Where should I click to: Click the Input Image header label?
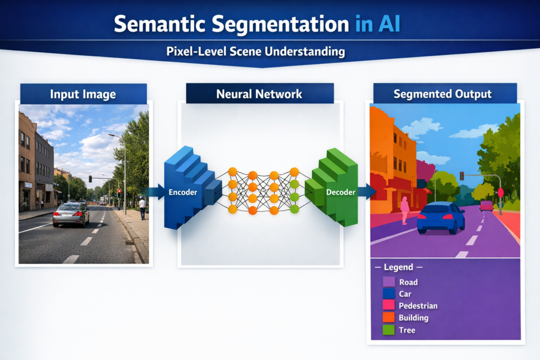83,94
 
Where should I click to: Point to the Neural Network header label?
259,94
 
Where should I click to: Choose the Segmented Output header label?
442,94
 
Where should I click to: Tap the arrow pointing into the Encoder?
155,191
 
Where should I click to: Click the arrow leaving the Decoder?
366,191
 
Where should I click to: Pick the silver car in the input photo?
71,214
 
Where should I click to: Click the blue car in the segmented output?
441,217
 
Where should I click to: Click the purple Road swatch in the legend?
389,283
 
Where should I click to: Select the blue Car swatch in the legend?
389,294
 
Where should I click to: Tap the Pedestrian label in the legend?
418,306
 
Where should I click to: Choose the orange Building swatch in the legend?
389,318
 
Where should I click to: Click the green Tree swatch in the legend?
389,330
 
